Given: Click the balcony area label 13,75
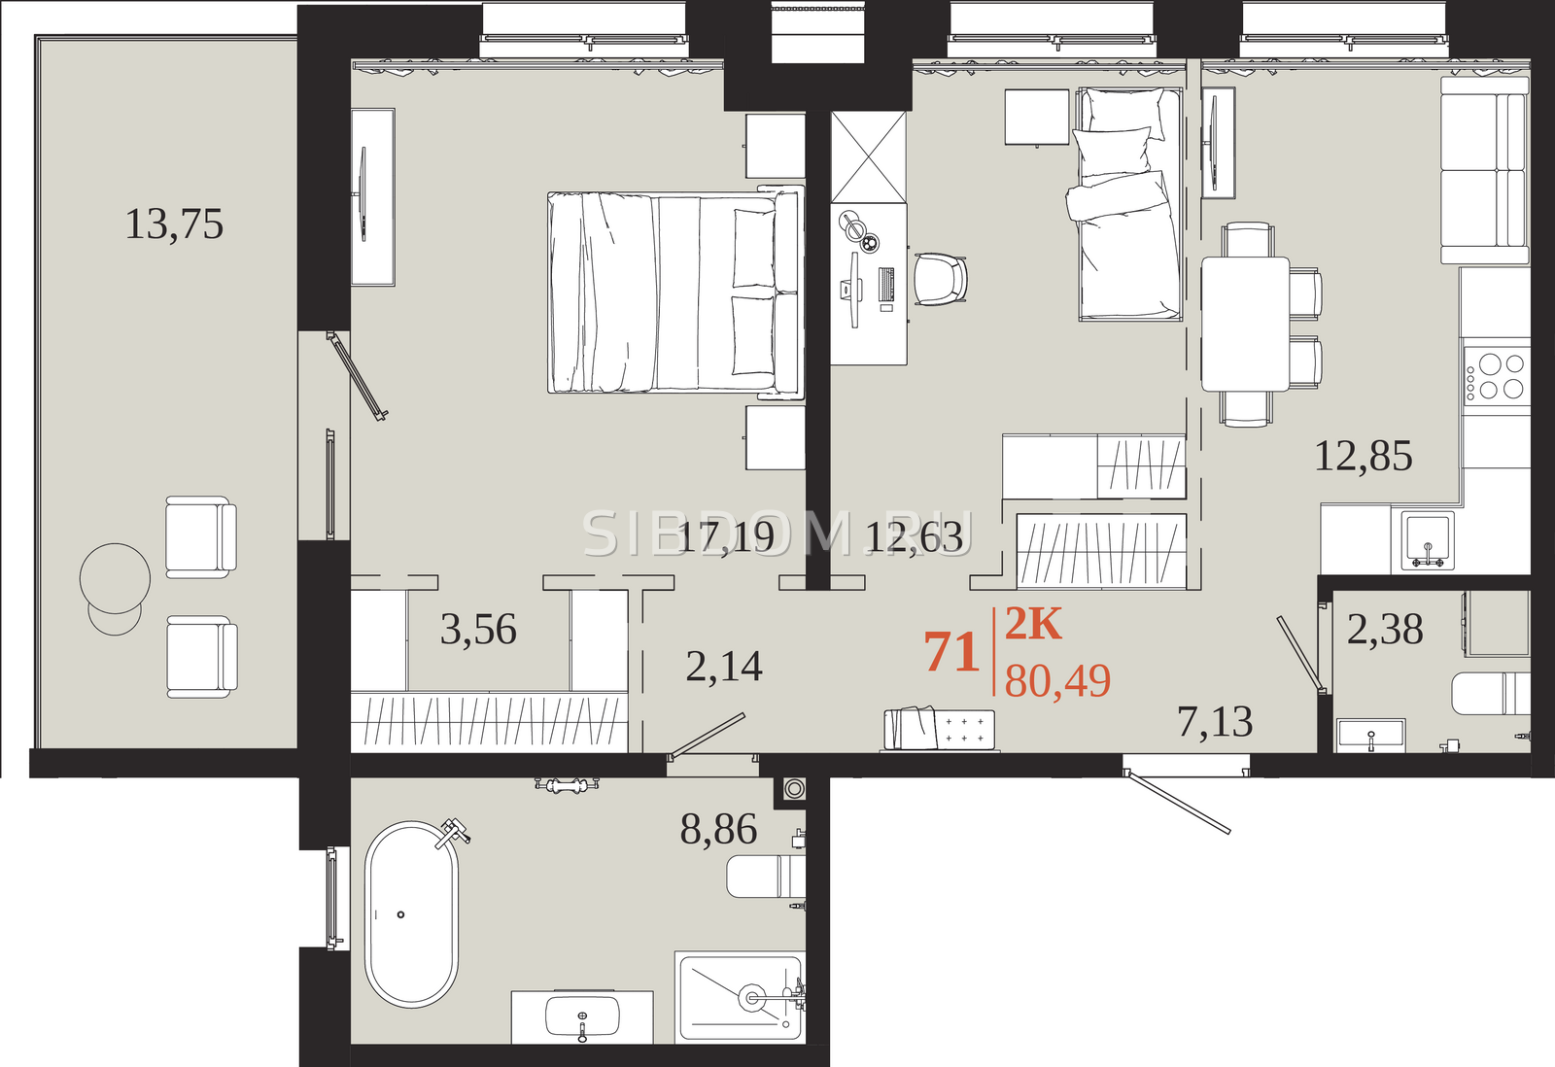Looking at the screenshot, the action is tap(174, 224).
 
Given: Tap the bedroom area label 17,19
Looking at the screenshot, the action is tap(725, 537).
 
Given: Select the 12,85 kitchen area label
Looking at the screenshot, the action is tap(1364, 456).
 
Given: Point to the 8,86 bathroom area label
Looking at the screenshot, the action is tap(718, 829).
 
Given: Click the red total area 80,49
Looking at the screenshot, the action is tap(1057, 681).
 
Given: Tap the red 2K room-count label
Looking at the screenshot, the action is tap(1033, 624).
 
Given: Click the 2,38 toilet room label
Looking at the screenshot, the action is tap(1385, 630).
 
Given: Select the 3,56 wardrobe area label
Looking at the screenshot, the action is tap(478, 630).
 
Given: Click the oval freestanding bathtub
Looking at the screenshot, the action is tap(412, 914).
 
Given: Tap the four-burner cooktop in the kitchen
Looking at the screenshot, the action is tap(1497, 377).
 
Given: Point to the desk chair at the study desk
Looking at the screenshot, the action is tap(941, 279).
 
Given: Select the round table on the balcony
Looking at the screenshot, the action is tap(116, 578).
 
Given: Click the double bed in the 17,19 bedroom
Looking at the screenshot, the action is tap(675, 293).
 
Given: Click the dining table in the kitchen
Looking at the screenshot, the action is tap(1245, 325).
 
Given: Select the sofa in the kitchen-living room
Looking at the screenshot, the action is tap(1485, 170).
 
